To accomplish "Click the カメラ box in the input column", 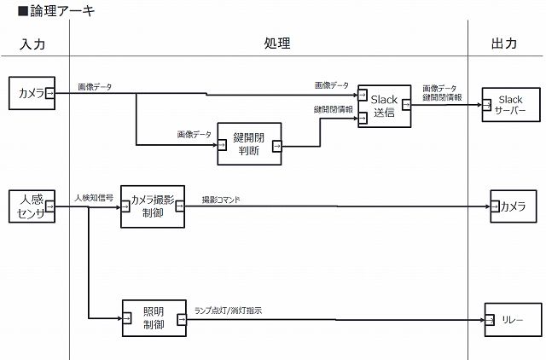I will [x=32, y=93].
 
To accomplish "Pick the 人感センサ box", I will [x=32, y=206].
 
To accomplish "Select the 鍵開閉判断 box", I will [x=249, y=145].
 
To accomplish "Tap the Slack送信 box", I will [x=384, y=106].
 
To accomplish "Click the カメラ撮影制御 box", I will [x=152, y=206].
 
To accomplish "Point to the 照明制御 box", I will [x=154, y=318].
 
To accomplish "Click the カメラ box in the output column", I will [x=514, y=206].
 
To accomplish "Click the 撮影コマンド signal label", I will [x=221, y=200].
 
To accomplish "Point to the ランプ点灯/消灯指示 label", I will [x=229, y=311].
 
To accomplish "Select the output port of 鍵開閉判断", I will [x=277, y=145].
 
